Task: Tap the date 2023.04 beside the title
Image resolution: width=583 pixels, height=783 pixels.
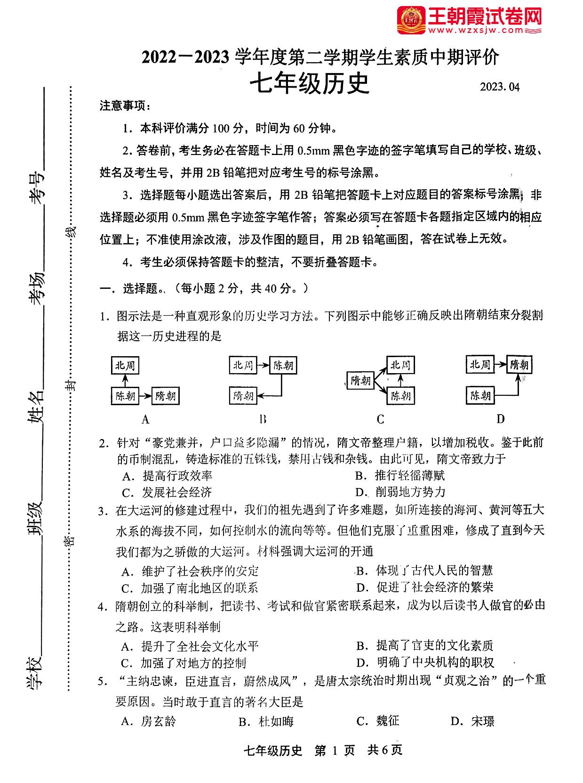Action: tap(499, 87)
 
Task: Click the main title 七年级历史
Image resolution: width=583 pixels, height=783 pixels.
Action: tap(309, 84)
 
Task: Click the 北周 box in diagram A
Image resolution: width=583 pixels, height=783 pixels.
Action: tap(125, 365)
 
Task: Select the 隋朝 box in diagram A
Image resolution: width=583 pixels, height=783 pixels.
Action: tap(165, 396)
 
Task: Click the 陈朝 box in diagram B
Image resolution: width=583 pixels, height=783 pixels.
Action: tap(283, 365)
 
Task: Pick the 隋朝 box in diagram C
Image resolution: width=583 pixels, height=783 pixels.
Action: tap(360, 380)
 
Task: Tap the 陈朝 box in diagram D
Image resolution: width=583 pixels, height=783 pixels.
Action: tap(480, 395)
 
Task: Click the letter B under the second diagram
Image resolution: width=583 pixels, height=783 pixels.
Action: tap(263, 419)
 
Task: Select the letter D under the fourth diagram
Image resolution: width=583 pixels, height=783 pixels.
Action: tap(500, 419)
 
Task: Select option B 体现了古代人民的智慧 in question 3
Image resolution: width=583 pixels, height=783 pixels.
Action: tap(424, 571)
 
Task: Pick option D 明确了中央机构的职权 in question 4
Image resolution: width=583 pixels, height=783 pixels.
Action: tap(425, 662)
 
